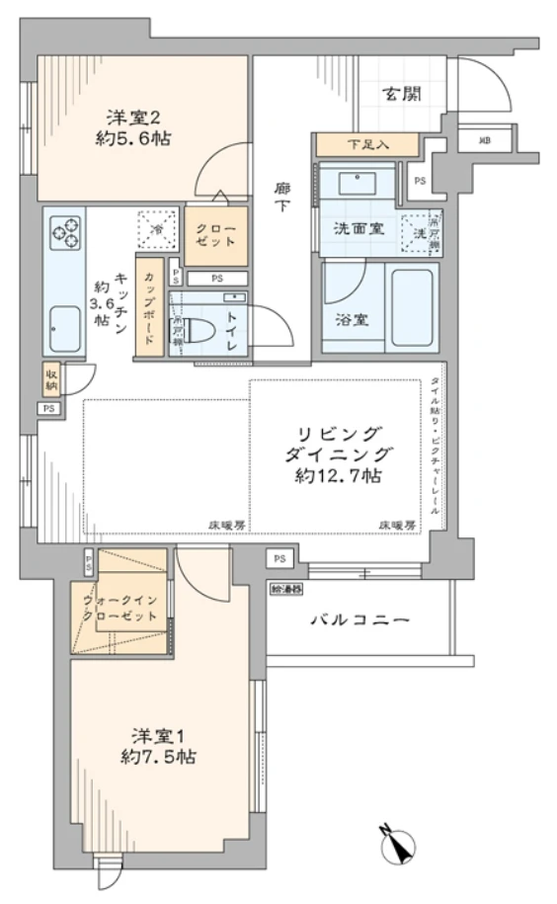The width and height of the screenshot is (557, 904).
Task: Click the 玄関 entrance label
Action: (x=402, y=95)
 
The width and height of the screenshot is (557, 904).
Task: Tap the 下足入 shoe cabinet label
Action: (x=367, y=144)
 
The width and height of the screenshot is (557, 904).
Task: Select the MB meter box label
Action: (x=484, y=140)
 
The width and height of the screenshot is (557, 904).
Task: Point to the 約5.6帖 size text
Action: (x=132, y=139)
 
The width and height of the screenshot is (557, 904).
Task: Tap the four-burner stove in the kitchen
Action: (x=66, y=232)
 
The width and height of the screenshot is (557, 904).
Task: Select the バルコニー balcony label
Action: (x=359, y=619)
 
